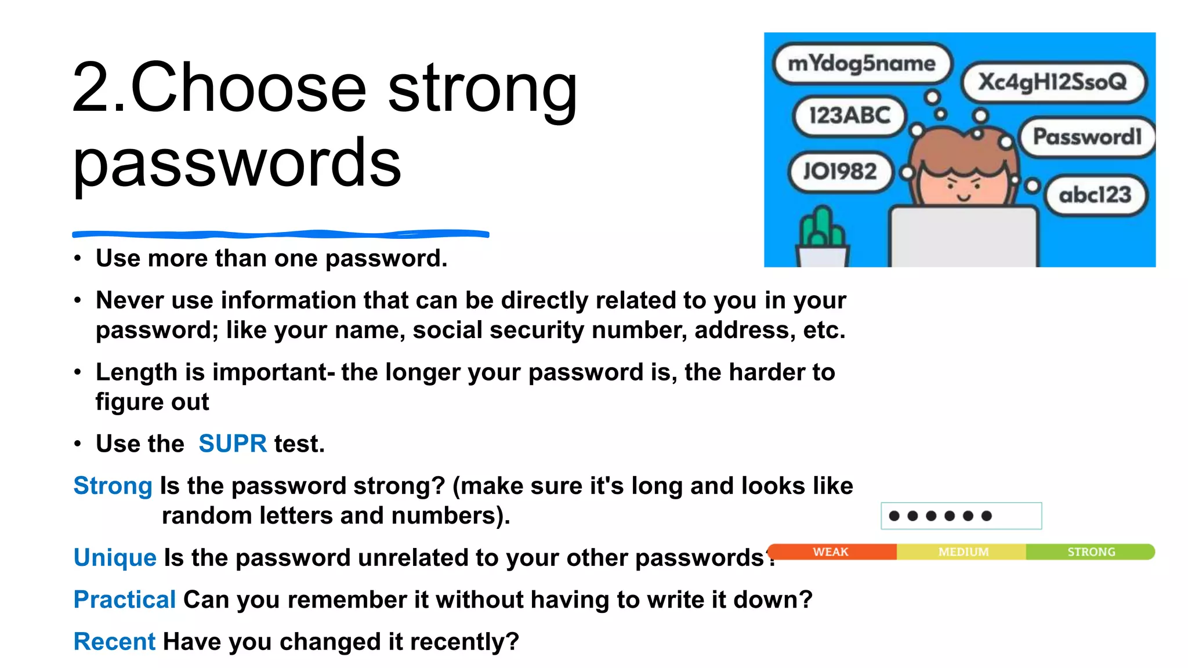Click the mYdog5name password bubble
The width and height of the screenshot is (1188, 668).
[x=862, y=63]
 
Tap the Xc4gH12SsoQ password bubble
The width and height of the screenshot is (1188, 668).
[x=1052, y=82]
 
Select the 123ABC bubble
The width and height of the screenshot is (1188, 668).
[x=849, y=115]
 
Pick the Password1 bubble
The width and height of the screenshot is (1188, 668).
[x=1086, y=137]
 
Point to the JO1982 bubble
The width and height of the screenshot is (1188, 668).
[x=839, y=172]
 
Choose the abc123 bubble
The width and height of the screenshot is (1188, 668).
[x=1095, y=195]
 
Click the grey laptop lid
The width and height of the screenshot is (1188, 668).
[x=964, y=238]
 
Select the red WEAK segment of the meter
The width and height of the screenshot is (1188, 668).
[x=831, y=551]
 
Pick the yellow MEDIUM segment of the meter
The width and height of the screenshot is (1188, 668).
[x=962, y=551]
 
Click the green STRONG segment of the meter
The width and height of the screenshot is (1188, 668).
[x=1091, y=551]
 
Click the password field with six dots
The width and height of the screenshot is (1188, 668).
[x=961, y=515]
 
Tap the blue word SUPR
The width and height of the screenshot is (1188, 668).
[x=232, y=444]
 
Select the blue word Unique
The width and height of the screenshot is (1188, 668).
[x=115, y=558]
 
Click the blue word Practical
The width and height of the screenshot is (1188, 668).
[x=124, y=600]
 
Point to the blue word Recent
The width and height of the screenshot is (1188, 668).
[x=114, y=642]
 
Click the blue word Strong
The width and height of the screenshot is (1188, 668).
[x=113, y=486]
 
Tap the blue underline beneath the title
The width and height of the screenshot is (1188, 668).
[x=281, y=234]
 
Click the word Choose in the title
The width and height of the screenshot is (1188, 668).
[x=249, y=88]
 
